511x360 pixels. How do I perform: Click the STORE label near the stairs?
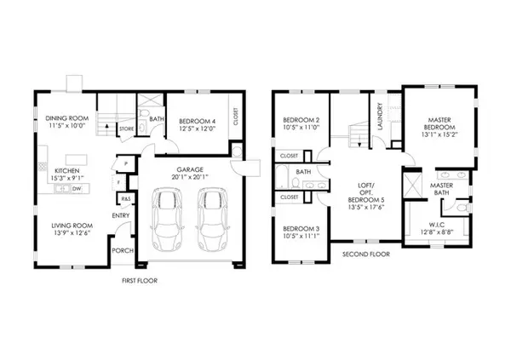(x=125, y=129)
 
